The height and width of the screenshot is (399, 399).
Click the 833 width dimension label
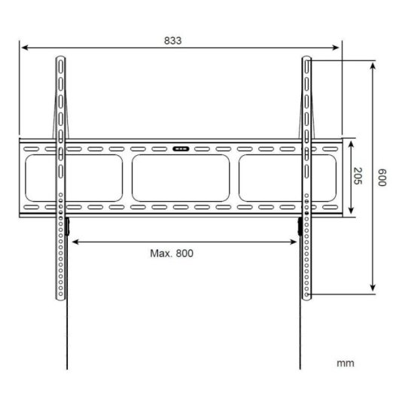[172, 41]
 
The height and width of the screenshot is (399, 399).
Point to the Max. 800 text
[172, 253]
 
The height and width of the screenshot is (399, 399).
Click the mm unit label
[346, 363]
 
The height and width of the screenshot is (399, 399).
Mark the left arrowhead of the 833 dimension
[24, 47]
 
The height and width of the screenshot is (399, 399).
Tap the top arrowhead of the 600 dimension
[373, 65]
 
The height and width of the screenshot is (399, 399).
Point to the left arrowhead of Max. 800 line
[74, 241]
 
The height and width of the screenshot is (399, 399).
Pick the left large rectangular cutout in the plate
[75, 178]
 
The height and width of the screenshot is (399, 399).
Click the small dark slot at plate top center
[181, 148]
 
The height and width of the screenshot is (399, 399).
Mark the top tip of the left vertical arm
[60, 57]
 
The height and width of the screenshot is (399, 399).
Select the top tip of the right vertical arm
[307, 57]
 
